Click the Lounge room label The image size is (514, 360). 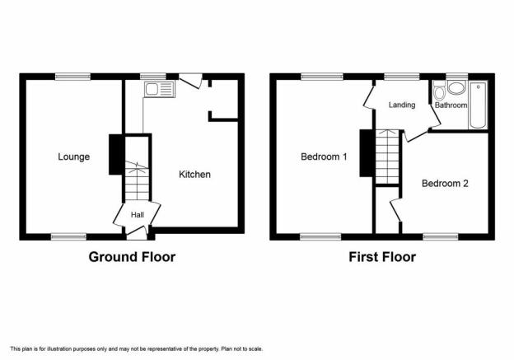pos(74,157)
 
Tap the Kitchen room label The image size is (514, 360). pos(194,175)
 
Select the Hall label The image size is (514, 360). pos(138,215)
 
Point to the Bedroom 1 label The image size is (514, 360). pos(324,157)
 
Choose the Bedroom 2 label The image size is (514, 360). pos(445,183)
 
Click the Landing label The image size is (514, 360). pos(402,105)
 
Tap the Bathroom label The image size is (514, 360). pos(451,105)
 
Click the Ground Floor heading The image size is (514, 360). pos(132,257)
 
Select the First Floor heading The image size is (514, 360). pos(382,257)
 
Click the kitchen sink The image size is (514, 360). pos(159,89)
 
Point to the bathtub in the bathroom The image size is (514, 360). pos(478,105)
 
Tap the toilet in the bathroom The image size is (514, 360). pos(438,91)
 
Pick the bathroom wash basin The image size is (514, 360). pos(456,88)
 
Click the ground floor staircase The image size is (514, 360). pos(137,180)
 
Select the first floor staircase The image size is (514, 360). pos(387,157)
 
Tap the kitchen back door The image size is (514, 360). pos(190,81)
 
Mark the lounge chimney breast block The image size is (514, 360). pos(115,154)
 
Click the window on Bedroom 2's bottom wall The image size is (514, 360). pos(440,236)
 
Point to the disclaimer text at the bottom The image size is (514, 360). pos(137,348)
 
